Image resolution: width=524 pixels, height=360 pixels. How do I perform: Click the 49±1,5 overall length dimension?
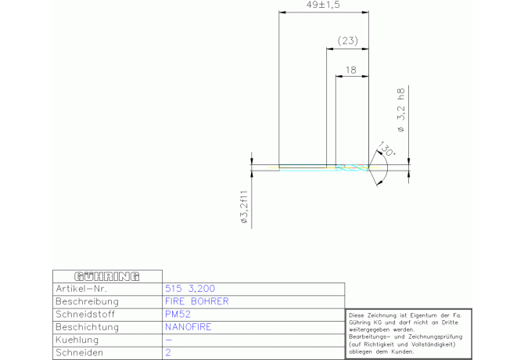(x=323, y=5)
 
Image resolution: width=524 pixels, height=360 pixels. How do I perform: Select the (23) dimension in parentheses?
(x=348, y=41)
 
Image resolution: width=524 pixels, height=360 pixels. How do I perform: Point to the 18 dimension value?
(x=351, y=70)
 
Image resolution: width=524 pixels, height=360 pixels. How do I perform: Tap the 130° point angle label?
(x=386, y=149)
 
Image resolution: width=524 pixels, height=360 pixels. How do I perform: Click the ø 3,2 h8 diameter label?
(x=401, y=110)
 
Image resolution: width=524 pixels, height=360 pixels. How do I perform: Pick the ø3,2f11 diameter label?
(x=244, y=207)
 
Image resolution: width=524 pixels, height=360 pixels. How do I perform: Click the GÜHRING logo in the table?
(x=107, y=276)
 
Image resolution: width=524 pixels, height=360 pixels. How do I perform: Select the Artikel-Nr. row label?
(x=81, y=289)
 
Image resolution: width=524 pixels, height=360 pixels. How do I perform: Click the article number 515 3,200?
(x=190, y=289)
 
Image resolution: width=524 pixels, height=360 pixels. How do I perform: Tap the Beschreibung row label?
(x=88, y=301)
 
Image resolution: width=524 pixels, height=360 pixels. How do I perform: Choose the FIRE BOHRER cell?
(x=197, y=301)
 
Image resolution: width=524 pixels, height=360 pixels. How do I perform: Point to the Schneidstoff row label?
(x=85, y=314)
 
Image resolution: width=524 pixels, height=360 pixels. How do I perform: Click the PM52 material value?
(x=178, y=314)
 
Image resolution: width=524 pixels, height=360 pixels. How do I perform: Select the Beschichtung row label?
(x=88, y=327)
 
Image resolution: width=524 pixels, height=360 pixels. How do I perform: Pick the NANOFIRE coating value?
(x=188, y=327)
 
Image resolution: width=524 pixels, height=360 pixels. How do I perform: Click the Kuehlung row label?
(x=77, y=340)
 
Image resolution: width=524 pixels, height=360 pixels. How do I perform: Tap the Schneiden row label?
(x=79, y=353)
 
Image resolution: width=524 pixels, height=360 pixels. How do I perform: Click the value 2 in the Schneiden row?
(x=168, y=352)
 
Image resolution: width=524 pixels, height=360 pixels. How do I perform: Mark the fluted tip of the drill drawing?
(x=352, y=167)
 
